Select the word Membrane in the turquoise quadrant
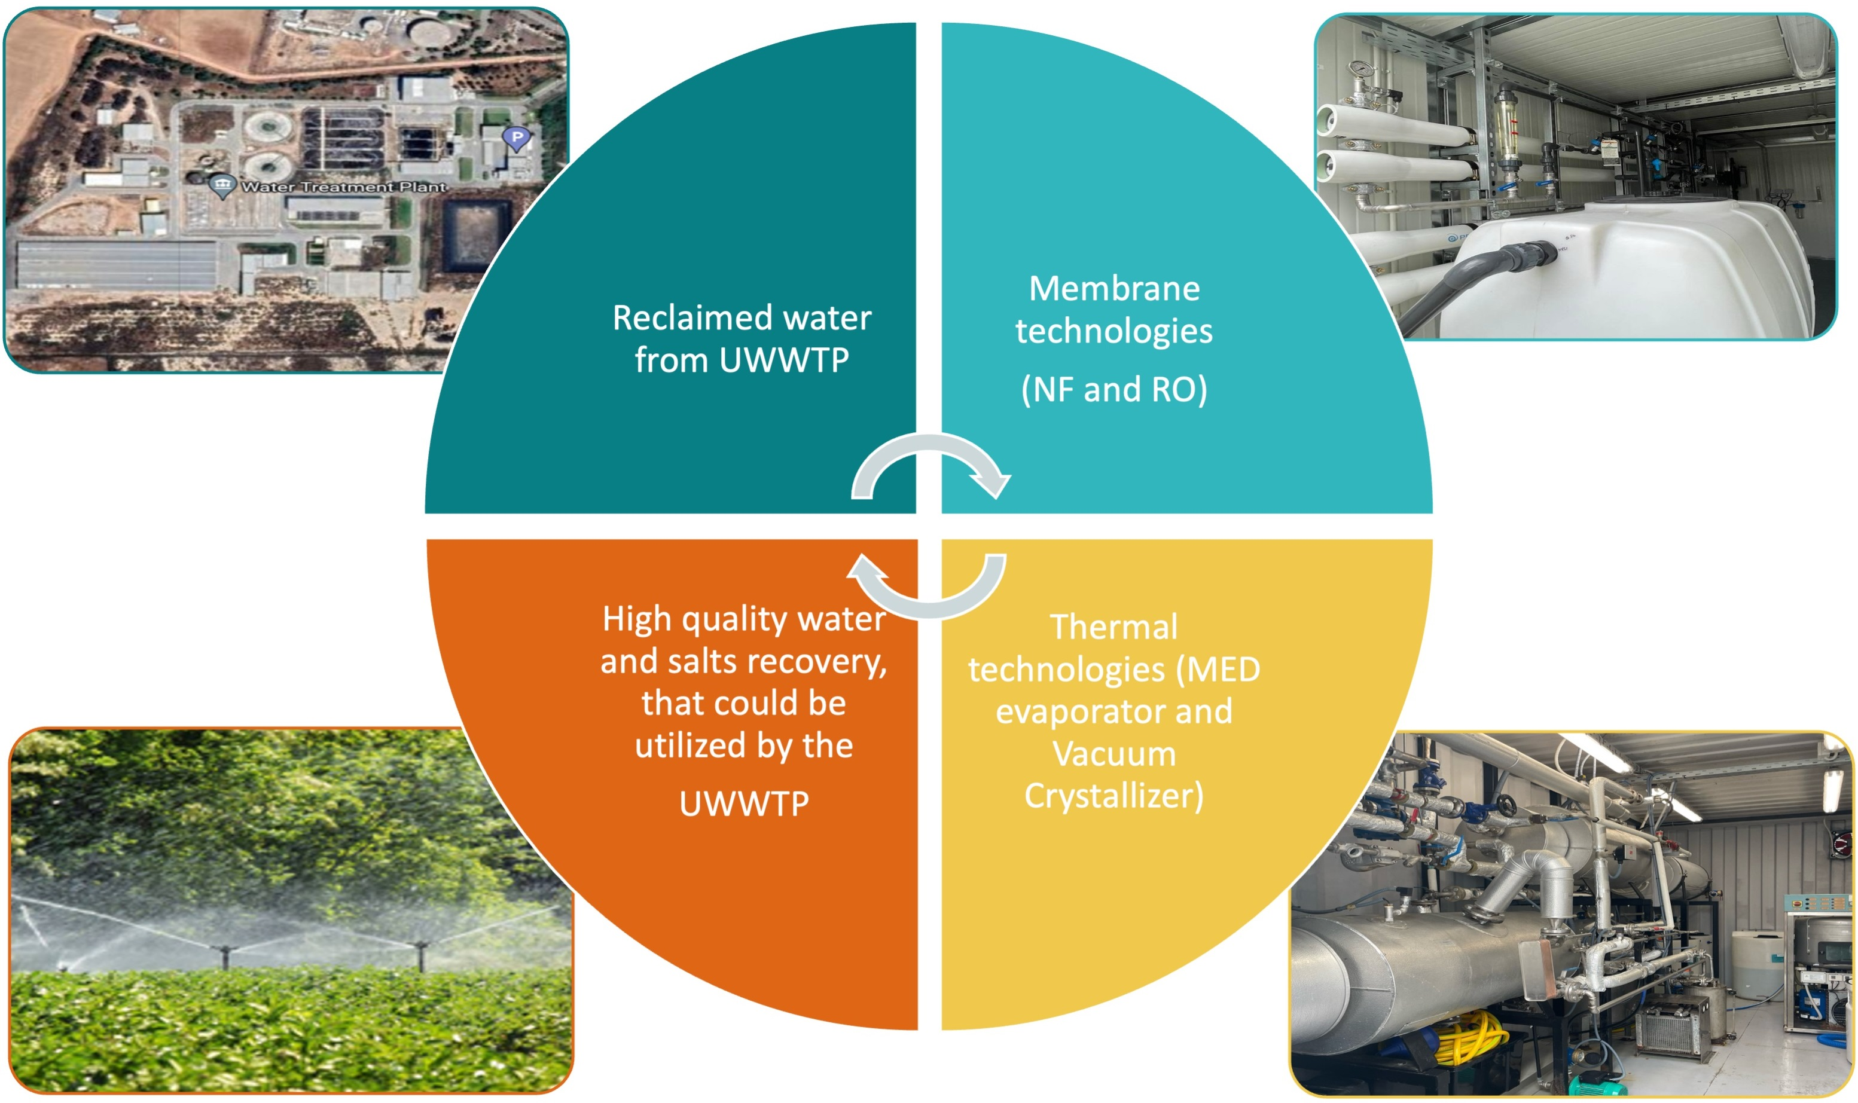[x=1113, y=288]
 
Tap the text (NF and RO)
[x=1113, y=389]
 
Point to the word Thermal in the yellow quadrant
[x=1113, y=627]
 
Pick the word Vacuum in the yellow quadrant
[x=1113, y=754]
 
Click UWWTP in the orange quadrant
[x=743, y=803]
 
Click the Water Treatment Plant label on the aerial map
[x=343, y=187]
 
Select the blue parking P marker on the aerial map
[x=516, y=138]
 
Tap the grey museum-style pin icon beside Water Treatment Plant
[x=222, y=185]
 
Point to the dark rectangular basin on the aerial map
[x=476, y=235]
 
